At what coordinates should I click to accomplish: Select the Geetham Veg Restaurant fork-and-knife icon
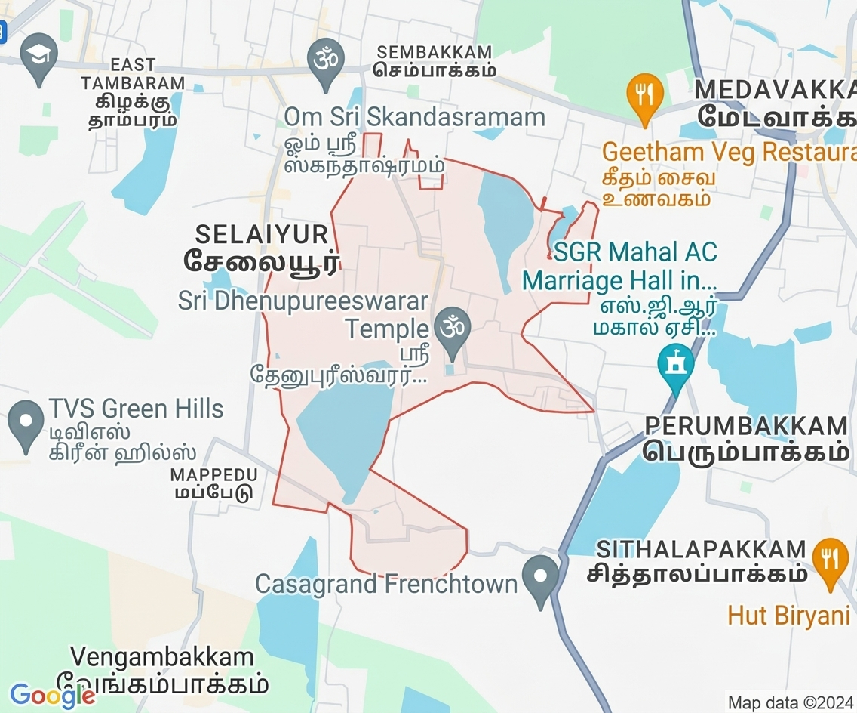pyautogui.click(x=644, y=95)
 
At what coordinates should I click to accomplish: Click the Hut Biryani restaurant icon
pyautogui.click(x=829, y=559)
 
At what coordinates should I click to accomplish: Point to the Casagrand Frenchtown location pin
pyautogui.click(x=540, y=578)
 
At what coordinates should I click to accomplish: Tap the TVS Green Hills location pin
pyautogui.click(x=26, y=422)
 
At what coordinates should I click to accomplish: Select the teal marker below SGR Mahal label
pyautogui.click(x=675, y=364)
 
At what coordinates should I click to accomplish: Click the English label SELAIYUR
pyautogui.click(x=262, y=233)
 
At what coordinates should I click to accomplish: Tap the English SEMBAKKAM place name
pyautogui.click(x=435, y=52)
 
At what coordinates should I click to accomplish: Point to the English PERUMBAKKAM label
pyautogui.click(x=747, y=425)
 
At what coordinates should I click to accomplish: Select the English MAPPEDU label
pyautogui.click(x=214, y=475)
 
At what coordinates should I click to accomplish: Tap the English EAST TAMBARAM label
pyautogui.click(x=134, y=74)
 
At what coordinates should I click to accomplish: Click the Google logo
pyautogui.click(x=52, y=695)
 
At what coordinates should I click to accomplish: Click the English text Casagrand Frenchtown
pyautogui.click(x=386, y=584)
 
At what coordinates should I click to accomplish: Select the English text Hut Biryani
pyautogui.click(x=788, y=615)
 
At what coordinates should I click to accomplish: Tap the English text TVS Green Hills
pyautogui.click(x=137, y=409)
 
